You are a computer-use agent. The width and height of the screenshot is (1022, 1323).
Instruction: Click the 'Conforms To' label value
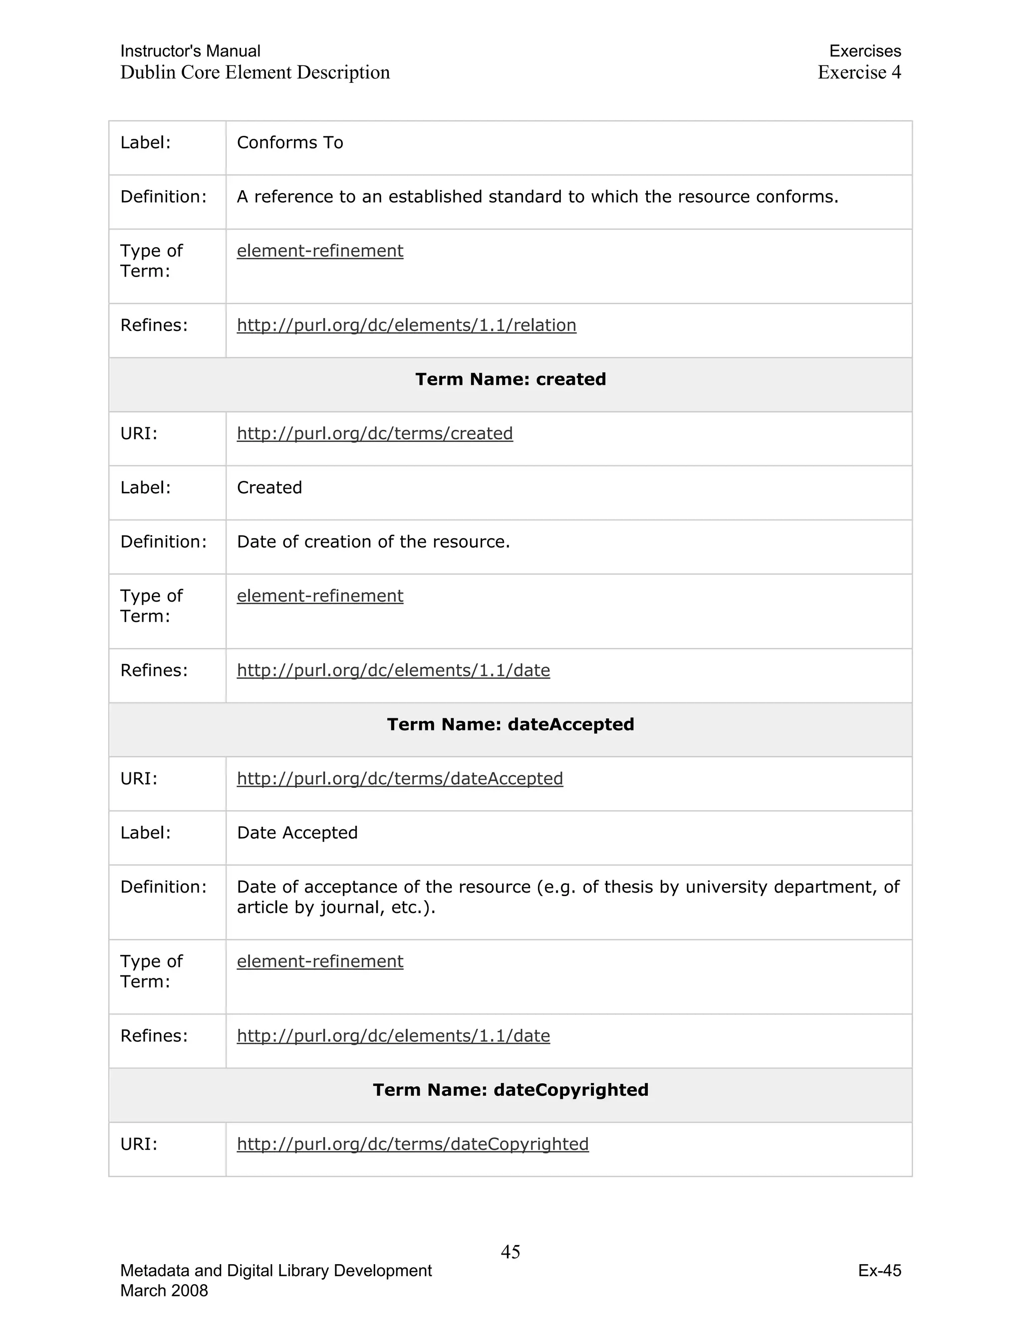tap(290, 143)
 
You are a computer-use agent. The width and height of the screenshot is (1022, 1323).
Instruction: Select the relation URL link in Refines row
tap(406, 326)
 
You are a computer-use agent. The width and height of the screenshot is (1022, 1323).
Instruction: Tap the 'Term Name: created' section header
tap(511, 379)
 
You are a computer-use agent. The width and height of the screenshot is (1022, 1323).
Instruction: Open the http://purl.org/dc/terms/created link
tap(375, 434)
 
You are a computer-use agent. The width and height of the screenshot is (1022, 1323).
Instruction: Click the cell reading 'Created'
tap(269, 488)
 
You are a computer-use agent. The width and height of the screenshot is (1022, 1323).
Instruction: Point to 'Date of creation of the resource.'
tap(374, 542)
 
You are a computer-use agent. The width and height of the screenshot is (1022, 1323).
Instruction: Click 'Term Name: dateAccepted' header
tap(511, 724)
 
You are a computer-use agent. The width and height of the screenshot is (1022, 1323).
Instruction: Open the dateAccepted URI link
tap(400, 778)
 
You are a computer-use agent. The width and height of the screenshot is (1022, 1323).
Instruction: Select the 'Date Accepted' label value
tap(297, 833)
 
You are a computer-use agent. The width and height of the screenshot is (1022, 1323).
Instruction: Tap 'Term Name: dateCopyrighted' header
tap(511, 1090)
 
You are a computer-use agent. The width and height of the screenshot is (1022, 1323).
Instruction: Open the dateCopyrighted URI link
tap(412, 1144)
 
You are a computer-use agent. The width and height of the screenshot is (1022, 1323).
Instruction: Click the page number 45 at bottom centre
tap(511, 1252)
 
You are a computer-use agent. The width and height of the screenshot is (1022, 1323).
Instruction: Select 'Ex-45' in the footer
tap(879, 1270)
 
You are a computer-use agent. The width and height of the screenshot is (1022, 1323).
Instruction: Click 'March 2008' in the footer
tap(164, 1290)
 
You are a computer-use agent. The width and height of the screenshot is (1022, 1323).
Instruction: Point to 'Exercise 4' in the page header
tap(859, 72)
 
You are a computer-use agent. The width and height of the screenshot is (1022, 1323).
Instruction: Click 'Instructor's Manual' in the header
tap(190, 51)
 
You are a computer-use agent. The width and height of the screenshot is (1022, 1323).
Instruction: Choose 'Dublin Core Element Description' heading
tap(255, 72)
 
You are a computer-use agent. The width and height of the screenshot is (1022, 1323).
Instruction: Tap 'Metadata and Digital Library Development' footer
tap(276, 1270)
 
